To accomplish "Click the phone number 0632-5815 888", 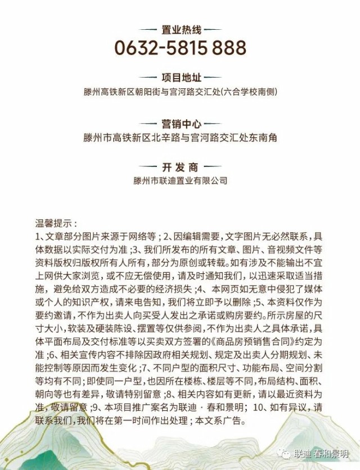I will tap(180, 47).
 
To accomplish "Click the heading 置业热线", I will tap(180, 28).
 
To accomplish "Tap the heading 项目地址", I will tap(180, 78).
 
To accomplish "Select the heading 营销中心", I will tap(180, 124).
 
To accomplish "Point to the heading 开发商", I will tap(180, 168).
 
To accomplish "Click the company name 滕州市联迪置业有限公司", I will tap(180, 181).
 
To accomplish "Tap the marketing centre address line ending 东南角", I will tap(180, 137).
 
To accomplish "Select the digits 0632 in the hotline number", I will tap(136, 47).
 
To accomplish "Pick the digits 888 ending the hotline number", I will tap(228, 47).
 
